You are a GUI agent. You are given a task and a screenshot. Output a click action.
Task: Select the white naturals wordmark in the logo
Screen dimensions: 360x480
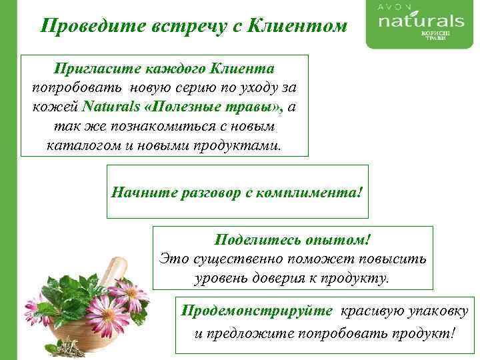pyautogui.click(x=421, y=21)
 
